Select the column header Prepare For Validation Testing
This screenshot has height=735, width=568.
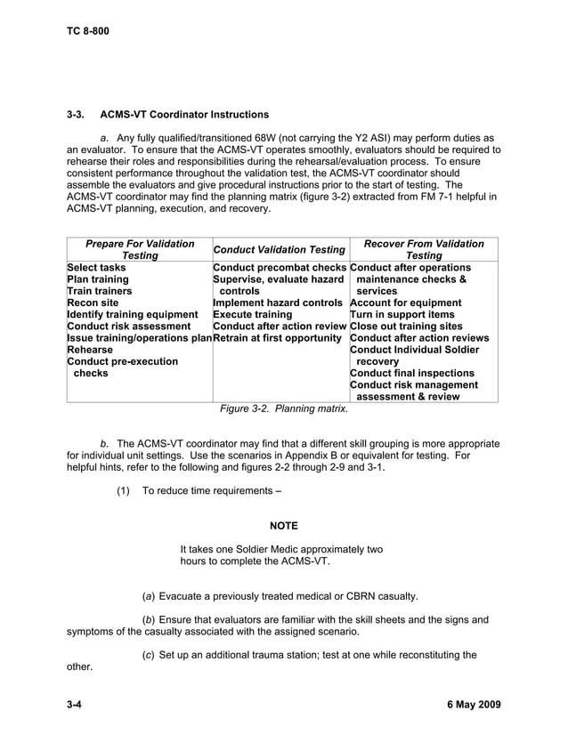point(140,249)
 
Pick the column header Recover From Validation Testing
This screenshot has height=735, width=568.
point(424,249)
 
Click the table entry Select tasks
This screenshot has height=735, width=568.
point(97,267)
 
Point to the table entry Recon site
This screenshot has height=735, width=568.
point(93,303)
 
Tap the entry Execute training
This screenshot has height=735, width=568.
point(252,315)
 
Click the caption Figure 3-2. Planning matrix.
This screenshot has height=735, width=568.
point(284,409)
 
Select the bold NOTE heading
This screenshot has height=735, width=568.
point(284,526)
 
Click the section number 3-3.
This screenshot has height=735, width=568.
point(76,115)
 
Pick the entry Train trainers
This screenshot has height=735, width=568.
point(100,291)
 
